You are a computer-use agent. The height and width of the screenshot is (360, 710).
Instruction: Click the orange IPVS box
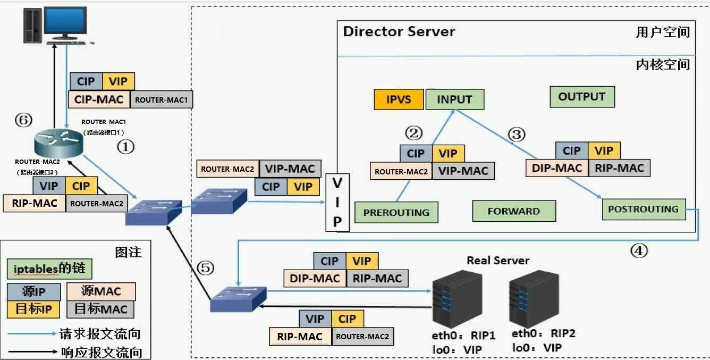coord(399,99)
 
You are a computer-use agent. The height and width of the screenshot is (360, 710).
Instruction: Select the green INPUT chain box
coord(454,99)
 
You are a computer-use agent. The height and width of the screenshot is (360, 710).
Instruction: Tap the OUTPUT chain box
coord(582,97)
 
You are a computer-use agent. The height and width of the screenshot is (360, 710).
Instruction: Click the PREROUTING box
coord(396,212)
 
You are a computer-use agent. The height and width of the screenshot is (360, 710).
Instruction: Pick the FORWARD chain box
coord(513,211)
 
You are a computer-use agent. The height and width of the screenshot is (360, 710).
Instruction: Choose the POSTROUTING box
coord(643,209)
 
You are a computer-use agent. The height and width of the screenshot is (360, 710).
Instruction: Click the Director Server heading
coord(399,31)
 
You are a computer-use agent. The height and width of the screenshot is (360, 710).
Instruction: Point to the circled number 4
coord(639,250)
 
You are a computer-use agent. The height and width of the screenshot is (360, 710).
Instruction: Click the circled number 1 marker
coord(125,146)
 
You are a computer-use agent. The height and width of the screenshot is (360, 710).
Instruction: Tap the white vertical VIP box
coord(337,202)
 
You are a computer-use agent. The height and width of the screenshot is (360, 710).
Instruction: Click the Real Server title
coord(498,261)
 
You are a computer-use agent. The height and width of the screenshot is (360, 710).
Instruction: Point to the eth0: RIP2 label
coord(544,333)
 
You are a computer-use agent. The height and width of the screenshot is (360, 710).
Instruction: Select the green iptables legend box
coord(49,269)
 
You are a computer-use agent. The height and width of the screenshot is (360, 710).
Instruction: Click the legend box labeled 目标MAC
coord(101,308)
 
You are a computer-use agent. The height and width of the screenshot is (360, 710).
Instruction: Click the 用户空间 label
coord(663,32)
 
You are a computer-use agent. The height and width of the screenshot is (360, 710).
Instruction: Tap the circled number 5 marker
coord(206,268)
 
